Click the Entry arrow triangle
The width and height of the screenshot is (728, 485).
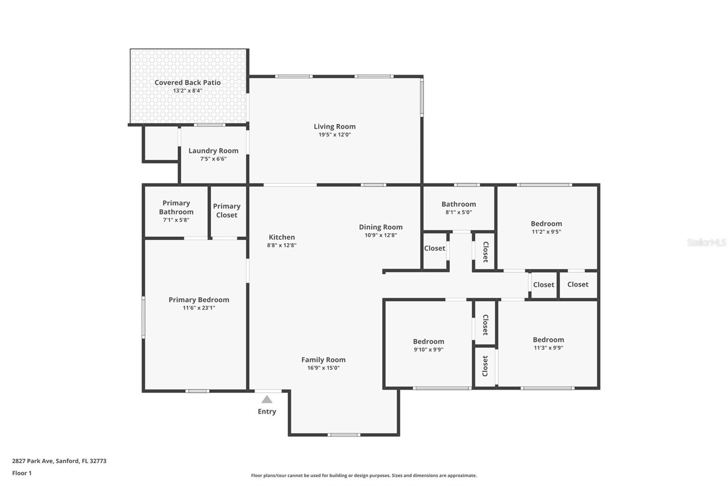coord(267,399)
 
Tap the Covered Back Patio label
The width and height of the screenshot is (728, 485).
coord(187,82)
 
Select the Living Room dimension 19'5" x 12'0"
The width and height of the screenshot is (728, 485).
coord(334,135)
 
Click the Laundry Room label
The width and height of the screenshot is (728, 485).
coord(213,151)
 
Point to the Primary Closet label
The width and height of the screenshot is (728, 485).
coord(227,210)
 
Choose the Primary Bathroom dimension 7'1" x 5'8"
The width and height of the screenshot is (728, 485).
coord(176,220)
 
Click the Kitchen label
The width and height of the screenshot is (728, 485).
coord(282,237)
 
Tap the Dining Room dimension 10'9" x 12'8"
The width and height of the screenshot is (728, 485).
coord(380,235)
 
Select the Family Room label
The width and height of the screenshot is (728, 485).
coord(323,359)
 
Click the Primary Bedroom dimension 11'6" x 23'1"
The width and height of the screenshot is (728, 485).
coord(199,308)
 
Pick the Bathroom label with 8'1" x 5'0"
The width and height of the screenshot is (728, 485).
coord(459,204)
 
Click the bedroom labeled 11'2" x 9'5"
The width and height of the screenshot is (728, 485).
coord(546,223)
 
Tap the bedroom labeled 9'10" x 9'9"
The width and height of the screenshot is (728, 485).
coord(428,341)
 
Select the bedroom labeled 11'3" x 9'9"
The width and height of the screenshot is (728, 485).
coord(548,339)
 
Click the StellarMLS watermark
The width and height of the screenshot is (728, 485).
coord(706,242)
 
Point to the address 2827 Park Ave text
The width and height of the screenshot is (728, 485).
coord(59,461)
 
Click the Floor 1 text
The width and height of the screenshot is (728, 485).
coord(22,473)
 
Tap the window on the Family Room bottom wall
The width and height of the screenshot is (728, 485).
coord(344,434)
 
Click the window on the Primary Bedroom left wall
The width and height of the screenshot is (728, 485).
coord(143,317)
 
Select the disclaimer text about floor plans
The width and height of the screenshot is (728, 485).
coord(364,475)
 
